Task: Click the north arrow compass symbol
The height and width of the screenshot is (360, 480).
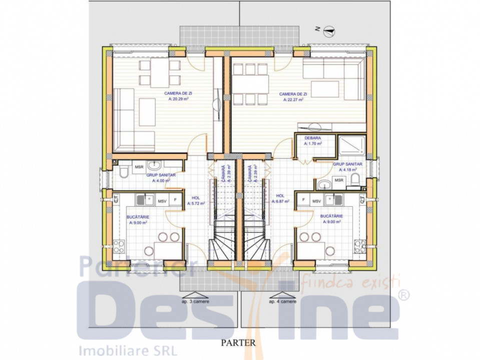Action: (329, 31)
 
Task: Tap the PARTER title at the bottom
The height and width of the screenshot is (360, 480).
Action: (239, 343)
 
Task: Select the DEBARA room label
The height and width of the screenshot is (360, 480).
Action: (312, 137)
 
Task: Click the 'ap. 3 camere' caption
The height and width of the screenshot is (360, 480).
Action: (193, 301)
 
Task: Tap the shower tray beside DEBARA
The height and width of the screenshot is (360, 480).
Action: (353, 145)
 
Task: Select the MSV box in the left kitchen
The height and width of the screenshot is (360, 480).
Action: (162, 201)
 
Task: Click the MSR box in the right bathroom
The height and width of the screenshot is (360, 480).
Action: (339, 180)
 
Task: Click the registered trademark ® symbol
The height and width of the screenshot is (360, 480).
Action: (404, 295)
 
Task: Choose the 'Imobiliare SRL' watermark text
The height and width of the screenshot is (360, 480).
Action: (125, 349)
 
